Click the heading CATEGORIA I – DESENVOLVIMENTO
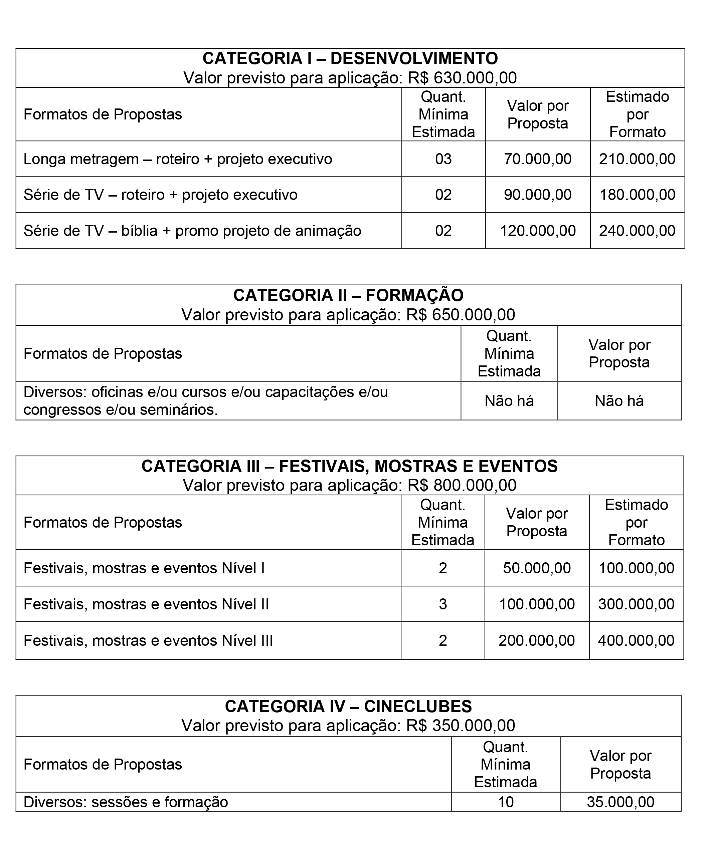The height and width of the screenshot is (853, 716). click(x=350, y=58)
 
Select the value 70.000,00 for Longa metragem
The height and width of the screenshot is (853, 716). click(x=537, y=159)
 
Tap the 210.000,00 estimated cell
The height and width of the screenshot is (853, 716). click(x=637, y=159)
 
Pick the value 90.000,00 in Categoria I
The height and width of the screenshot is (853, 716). click(x=537, y=195)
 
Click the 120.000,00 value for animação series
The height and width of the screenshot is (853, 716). click(x=537, y=231)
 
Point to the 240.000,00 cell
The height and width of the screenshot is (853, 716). click(x=637, y=231)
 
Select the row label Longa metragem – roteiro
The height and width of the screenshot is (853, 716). click(x=178, y=159)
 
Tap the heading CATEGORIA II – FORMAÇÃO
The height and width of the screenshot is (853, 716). click(x=348, y=295)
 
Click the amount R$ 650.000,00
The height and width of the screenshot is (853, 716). click(x=461, y=315)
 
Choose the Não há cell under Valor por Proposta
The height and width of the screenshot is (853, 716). click(x=619, y=401)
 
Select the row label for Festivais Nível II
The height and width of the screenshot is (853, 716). click(x=146, y=604)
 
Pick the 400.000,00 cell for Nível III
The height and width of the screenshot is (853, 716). click(x=636, y=640)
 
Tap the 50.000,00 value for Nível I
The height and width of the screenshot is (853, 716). click(x=536, y=568)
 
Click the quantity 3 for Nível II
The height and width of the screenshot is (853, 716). click(x=442, y=604)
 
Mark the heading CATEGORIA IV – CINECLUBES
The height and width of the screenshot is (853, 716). click(x=348, y=706)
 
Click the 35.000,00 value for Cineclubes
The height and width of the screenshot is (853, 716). click(x=620, y=802)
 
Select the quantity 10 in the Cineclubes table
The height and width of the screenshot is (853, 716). click(x=506, y=802)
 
